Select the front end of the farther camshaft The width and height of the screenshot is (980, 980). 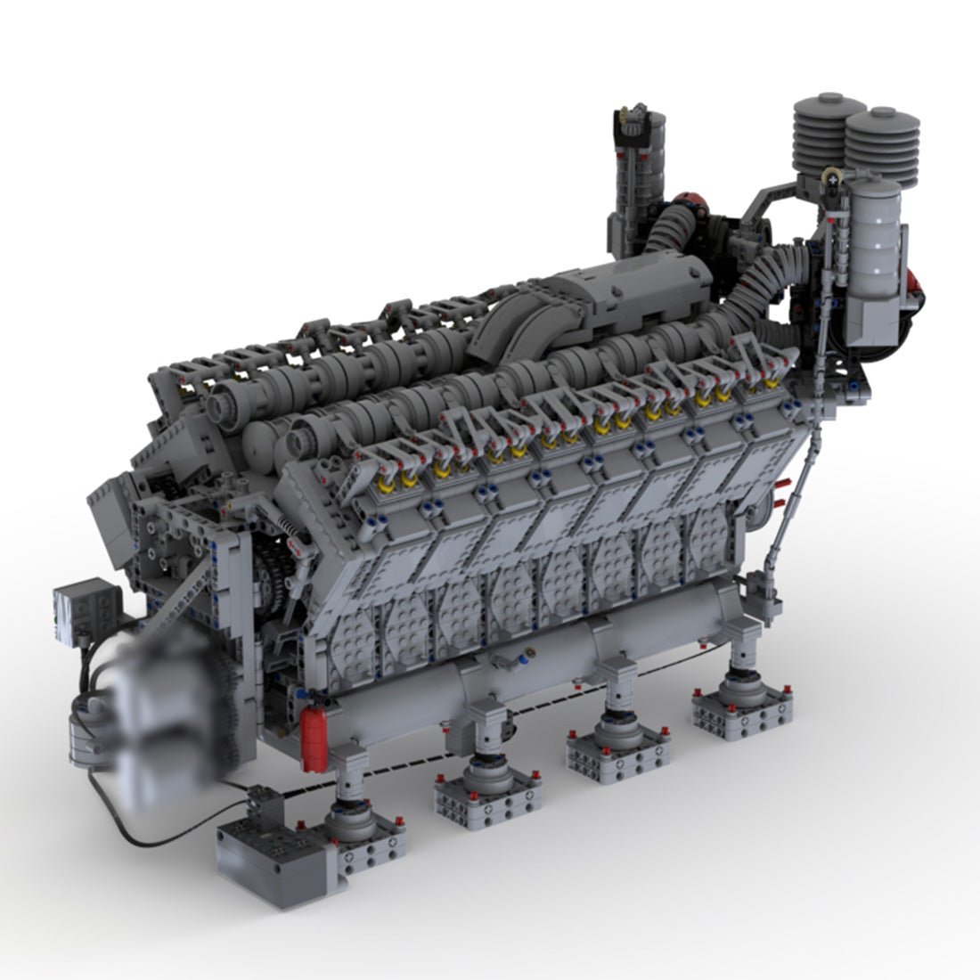223,405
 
